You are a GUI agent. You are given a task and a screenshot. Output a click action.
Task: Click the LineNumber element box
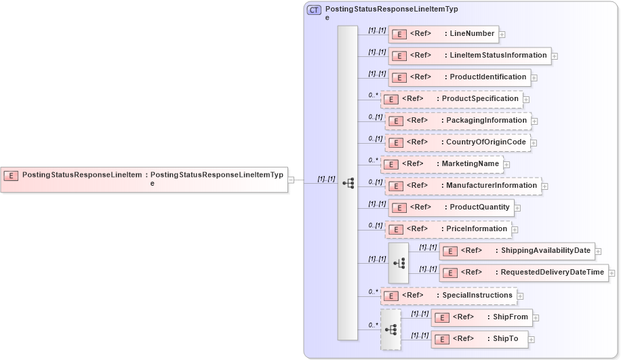[x=443, y=34]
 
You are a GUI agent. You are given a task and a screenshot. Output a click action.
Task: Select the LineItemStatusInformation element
[x=469, y=56]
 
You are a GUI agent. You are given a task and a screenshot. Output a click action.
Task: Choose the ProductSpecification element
[x=452, y=99]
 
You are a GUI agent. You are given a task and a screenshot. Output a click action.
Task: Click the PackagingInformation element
[x=458, y=121]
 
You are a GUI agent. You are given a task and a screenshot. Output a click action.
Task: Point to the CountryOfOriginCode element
[x=458, y=142]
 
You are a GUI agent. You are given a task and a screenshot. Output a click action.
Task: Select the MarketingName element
[x=441, y=164]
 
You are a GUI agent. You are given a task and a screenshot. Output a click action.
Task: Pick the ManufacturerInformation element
[x=463, y=186]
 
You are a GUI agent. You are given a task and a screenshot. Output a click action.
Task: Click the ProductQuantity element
[x=450, y=207]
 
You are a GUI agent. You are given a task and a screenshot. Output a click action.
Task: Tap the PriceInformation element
[x=448, y=229]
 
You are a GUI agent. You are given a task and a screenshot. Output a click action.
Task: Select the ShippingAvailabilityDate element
[x=517, y=252]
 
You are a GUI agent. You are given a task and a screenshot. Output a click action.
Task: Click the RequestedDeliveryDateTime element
[x=523, y=273]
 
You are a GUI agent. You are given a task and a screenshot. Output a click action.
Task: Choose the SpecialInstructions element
[x=448, y=296]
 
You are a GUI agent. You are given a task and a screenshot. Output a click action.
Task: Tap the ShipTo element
[x=479, y=339]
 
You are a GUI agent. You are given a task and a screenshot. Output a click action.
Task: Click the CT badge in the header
[x=314, y=10]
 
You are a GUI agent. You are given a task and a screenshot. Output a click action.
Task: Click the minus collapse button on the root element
[x=291, y=180]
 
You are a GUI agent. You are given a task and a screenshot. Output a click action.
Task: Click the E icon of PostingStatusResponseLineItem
[x=11, y=176]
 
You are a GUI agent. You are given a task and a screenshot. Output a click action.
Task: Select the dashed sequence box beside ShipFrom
[x=390, y=329]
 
